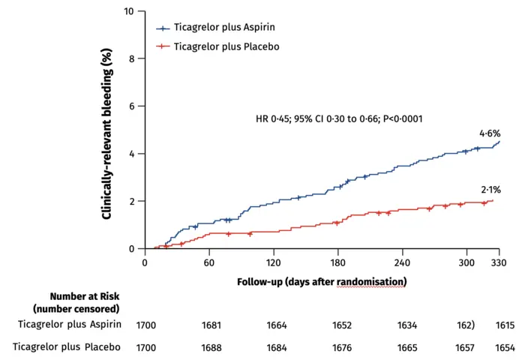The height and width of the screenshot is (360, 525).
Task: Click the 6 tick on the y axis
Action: click(x=131, y=106)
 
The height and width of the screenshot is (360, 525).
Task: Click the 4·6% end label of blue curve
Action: click(x=490, y=133)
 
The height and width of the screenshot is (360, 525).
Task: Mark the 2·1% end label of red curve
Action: click(x=490, y=190)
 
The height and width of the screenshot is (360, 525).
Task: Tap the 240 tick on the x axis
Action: click(x=402, y=263)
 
